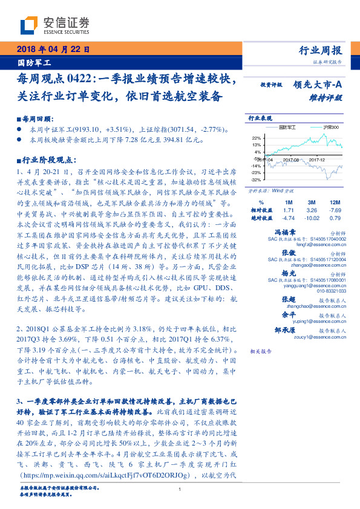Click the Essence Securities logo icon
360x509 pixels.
click(30, 25)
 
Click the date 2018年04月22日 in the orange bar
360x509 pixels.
click(53, 50)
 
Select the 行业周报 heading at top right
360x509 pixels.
click(321, 50)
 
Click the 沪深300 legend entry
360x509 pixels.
click(330, 128)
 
